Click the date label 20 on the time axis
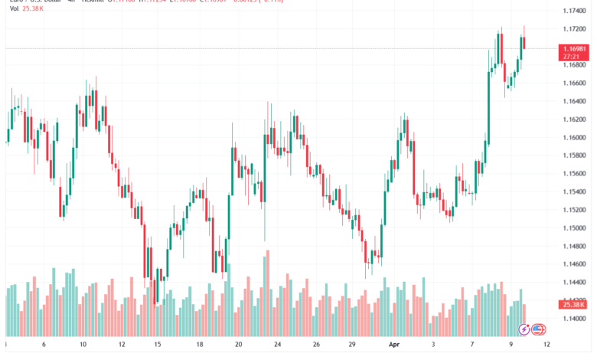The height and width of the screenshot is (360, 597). click(239, 344)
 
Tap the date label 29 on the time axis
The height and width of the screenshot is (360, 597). click(352, 344)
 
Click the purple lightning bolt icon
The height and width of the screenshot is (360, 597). click(524, 330)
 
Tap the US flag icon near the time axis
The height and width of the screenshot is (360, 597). click(538, 330)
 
